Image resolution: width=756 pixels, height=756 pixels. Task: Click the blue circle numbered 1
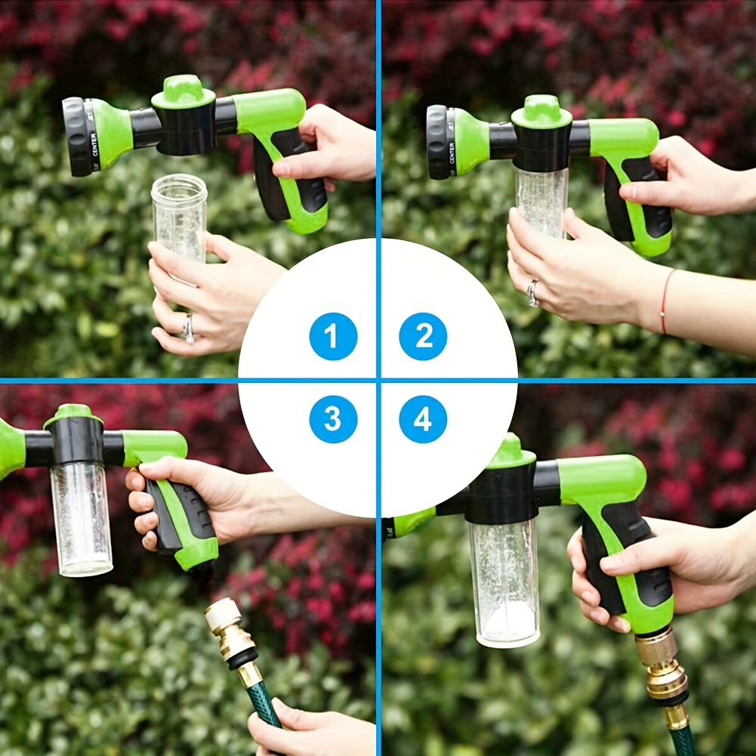(x=333, y=336)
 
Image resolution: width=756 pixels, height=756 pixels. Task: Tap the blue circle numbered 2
(x=423, y=336)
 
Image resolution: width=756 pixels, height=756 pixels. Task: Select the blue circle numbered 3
(x=333, y=419)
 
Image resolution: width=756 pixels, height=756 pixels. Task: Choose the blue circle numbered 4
(x=423, y=419)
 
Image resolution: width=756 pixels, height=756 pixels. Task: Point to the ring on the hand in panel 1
(x=187, y=326)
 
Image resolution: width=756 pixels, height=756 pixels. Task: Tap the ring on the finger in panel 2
(x=533, y=292)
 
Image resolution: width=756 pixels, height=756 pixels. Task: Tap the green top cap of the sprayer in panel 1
(x=183, y=91)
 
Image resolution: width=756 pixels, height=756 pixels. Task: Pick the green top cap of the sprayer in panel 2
(x=542, y=112)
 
